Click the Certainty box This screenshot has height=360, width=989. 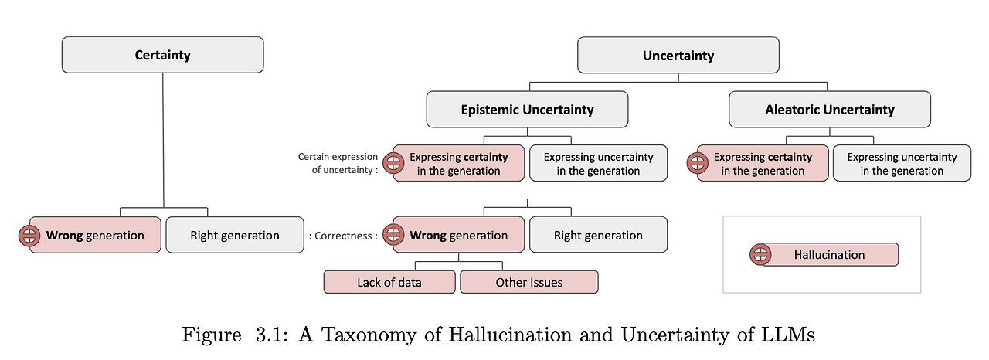[162, 55]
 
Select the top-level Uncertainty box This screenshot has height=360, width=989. [678, 56]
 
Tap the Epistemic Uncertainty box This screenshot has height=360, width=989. [527, 110]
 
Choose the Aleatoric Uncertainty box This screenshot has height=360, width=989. [829, 110]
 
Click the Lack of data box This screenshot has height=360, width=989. [389, 282]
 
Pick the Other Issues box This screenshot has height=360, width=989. [529, 282]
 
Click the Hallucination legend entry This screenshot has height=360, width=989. [829, 255]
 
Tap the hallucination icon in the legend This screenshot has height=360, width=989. [761, 255]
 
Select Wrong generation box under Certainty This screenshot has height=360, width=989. [95, 235]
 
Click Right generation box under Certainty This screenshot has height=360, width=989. [235, 235]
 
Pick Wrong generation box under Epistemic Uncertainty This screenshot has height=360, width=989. [459, 235]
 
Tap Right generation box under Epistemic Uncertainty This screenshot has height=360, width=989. [598, 235]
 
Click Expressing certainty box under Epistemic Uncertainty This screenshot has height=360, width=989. [459, 163]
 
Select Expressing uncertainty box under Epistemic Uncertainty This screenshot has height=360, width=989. [598, 163]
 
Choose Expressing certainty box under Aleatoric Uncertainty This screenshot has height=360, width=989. [763, 163]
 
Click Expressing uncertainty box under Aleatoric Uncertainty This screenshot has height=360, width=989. [902, 163]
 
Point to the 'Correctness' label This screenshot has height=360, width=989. [344, 236]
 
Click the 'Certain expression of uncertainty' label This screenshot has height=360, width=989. [338, 163]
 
